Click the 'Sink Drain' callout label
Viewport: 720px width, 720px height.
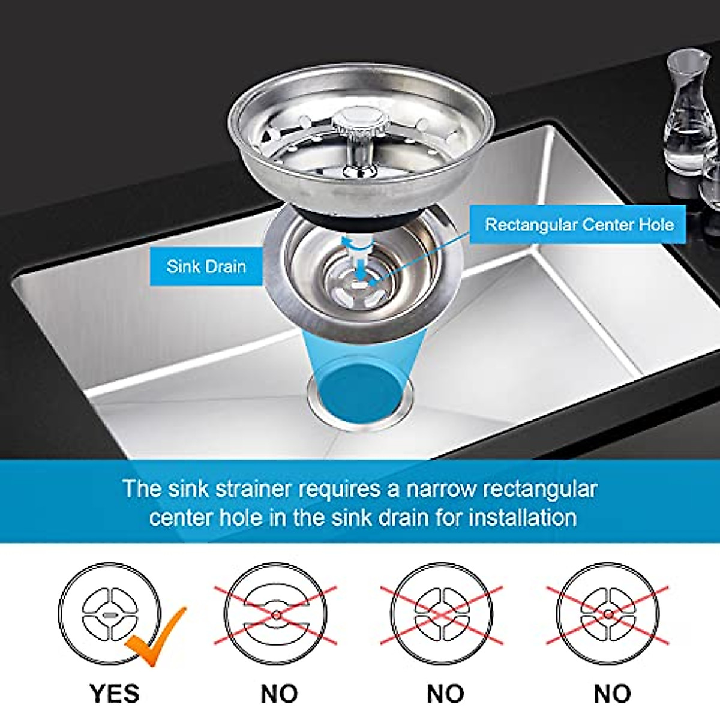click(x=206, y=266)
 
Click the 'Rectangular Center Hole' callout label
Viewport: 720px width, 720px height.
click(x=578, y=225)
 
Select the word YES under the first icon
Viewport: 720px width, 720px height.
click(x=115, y=694)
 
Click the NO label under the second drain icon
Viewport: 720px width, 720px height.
click(x=279, y=694)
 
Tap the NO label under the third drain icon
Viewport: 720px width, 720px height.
click(x=445, y=694)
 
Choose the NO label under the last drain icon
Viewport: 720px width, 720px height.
click(x=612, y=694)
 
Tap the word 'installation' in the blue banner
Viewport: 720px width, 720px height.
click(x=523, y=517)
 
